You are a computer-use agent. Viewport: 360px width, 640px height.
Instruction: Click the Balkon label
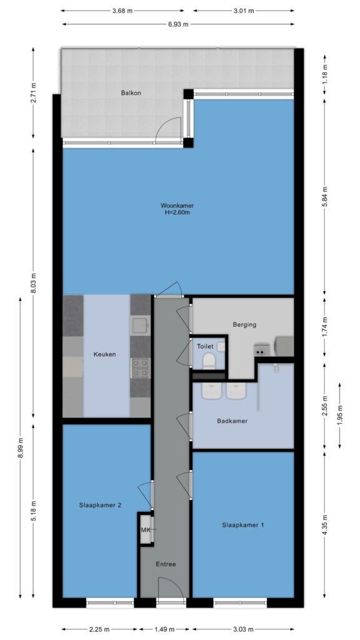coord(131,92)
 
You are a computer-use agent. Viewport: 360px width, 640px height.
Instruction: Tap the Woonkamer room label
coord(177,205)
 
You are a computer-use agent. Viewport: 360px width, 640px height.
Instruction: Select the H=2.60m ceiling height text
coord(177,212)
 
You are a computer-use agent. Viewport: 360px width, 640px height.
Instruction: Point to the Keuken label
coord(104,354)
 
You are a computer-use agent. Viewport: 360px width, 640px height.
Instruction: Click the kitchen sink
coord(141,325)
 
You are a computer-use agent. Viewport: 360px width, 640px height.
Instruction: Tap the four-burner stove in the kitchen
coord(141,367)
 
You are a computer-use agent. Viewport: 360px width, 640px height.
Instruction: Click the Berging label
coord(244,325)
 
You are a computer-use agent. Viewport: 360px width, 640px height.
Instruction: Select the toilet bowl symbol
coord(209,361)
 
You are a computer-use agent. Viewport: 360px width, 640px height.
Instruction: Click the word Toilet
coord(205,346)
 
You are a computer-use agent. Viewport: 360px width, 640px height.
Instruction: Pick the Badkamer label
coord(232,421)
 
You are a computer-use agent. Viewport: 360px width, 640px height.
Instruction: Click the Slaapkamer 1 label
coord(243,525)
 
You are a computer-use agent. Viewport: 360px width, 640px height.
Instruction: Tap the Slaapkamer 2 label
coord(100,505)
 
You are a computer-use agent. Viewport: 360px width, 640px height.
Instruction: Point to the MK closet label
coord(145,530)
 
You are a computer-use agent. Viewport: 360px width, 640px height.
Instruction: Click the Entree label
coord(166,564)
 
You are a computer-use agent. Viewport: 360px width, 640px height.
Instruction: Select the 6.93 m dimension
coord(178,24)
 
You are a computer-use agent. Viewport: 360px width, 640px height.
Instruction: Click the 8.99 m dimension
coord(21,447)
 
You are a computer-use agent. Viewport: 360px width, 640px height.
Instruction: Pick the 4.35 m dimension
coord(324,525)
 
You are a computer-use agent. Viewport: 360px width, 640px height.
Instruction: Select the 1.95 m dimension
coord(339,415)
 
